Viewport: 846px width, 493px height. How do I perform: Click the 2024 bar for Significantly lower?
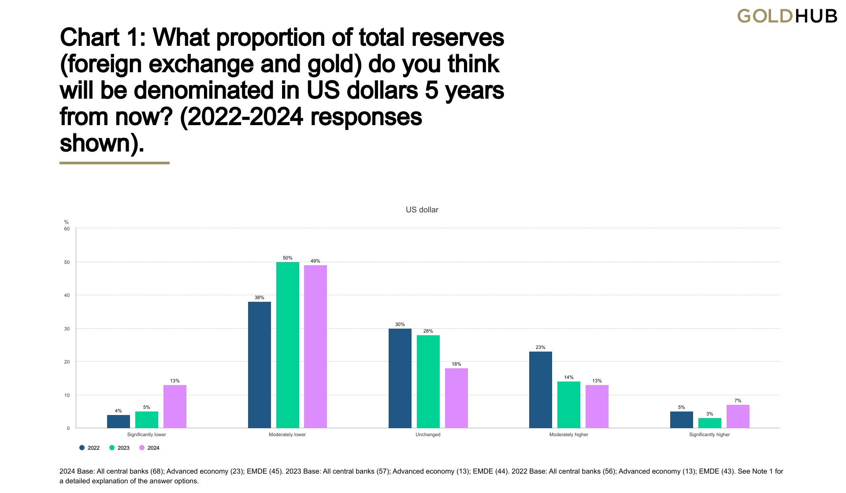click(175, 406)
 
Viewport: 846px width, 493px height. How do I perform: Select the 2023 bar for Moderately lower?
click(287, 345)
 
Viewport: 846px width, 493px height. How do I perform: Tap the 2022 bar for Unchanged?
click(400, 378)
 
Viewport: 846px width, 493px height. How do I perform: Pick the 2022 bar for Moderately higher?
click(540, 389)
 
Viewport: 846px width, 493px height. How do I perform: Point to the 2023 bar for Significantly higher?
click(709, 423)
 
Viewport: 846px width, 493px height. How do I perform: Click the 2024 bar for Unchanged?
click(456, 398)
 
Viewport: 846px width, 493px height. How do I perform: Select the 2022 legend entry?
click(89, 448)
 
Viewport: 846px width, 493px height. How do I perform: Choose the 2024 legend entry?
click(149, 448)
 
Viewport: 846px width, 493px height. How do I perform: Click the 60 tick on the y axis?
click(67, 229)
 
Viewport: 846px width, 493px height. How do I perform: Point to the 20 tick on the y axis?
click(67, 362)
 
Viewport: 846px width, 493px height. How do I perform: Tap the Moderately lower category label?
click(287, 434)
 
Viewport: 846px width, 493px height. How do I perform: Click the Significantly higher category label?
click(709, 434)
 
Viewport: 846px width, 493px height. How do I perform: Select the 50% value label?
click(287, 258)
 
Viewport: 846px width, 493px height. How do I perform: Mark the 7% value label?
click(738, 400)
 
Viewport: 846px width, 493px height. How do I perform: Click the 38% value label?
click(259, 297)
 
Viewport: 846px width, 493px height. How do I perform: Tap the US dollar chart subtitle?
click(422, 210)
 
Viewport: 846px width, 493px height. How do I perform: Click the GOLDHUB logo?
click(787, 16)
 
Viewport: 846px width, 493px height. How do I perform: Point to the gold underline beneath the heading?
click(115, 163)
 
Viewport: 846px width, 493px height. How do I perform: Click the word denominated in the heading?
click(204, 90)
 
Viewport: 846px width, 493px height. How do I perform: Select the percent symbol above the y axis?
click(67, 222)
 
